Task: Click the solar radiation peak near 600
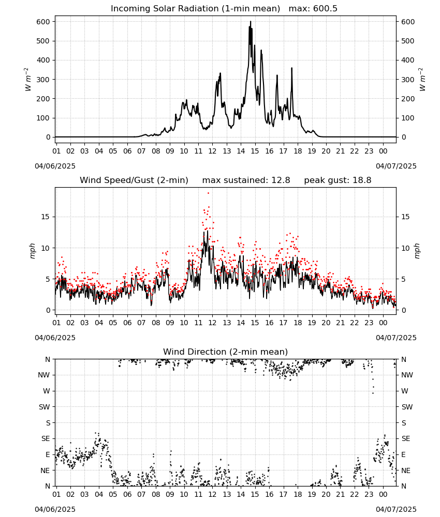click(x=251, y=22)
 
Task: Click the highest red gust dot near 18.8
click(x=208, y=193)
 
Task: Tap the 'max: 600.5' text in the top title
click(x=313, y=9)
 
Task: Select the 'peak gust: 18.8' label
click(x=338, y=180)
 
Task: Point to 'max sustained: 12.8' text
click(x=246, y=180)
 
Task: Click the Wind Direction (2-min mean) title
click(x=226, y=352)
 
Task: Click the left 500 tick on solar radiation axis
click(x=43, y=41)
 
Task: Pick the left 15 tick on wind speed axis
click(x=46, y=217)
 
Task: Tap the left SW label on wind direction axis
click(x=45, y=407)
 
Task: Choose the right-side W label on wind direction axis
click(x=405, y=391)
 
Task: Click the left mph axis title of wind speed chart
click(x=32, y=251)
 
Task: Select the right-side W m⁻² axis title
click(x=422, y=80)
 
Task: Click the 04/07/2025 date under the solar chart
click(x=396, y=166)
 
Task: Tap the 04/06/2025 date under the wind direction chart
click(x=55, y=509)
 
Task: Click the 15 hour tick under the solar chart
click(x=255, y=151)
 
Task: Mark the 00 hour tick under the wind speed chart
click(x=383, y=323)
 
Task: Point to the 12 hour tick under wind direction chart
click(x=212, y=494)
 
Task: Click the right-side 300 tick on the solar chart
click(x=408, y=80)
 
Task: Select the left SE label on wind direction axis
click(x=46, y=438)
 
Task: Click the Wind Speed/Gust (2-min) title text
click(x=134, y=180)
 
